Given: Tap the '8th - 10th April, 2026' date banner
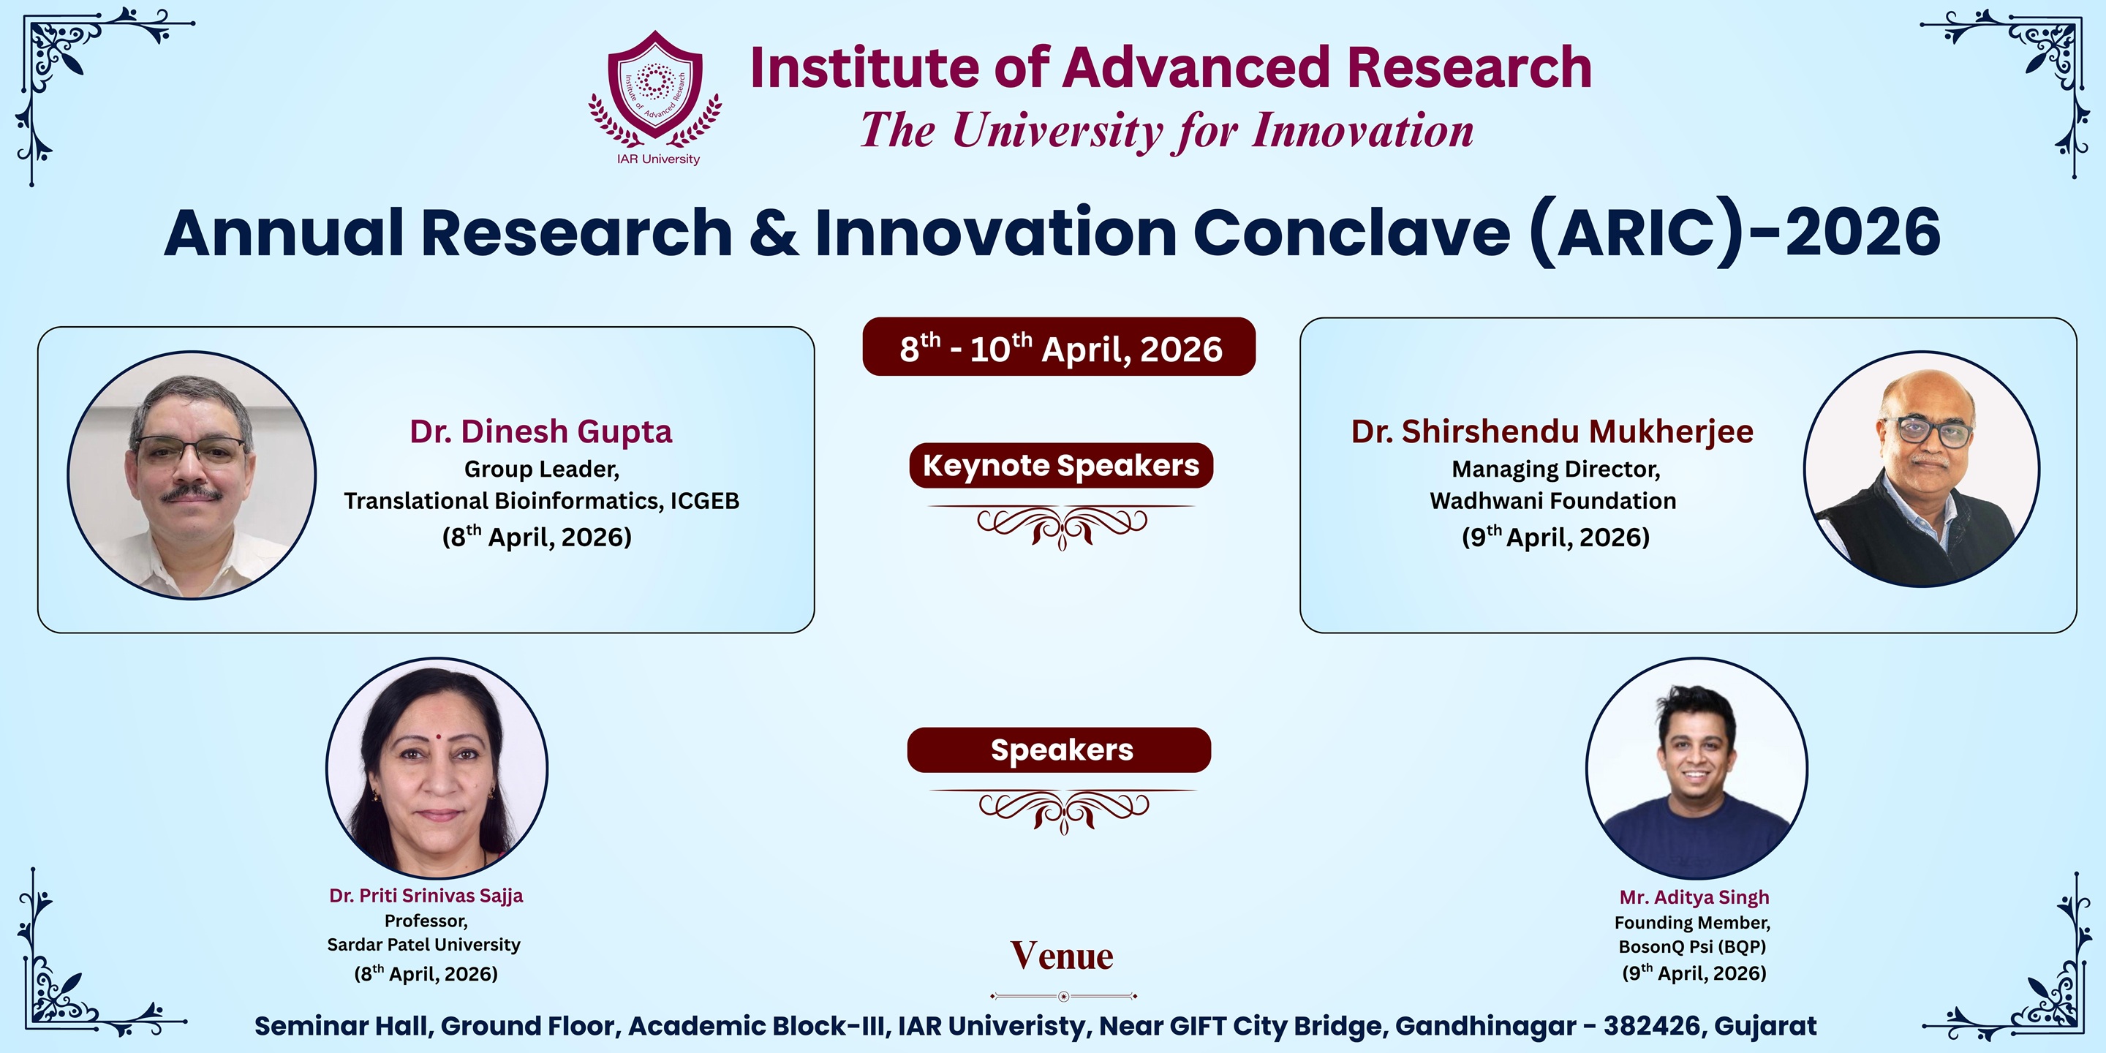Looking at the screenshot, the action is click(x=1059, y=347).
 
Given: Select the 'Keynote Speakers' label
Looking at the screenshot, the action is click(x=1061, y=465).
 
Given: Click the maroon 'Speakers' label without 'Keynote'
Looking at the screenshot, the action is click(x=1060, y=750).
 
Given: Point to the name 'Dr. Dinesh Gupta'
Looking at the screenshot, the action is click(x=541, y=431).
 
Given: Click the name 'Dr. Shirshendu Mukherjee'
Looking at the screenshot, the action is click(x=1552, y=431).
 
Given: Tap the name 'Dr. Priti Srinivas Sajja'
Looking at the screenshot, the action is click(x=426, y=896).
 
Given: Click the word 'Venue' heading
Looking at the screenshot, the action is click(x=1062, y=955).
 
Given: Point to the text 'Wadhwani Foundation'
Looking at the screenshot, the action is click(x=1552, y=500).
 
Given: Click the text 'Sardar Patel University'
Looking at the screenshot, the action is click(x=423, y=944).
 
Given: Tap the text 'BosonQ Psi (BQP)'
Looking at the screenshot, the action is click(x=1692, y=946).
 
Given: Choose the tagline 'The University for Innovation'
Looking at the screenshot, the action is click(x=1166, y=131).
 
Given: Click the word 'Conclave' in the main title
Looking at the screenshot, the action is click(x=1352, y=233).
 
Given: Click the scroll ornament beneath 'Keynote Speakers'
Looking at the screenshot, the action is click(x=1061, y=526).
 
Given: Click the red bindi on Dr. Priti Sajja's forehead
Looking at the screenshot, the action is click(x=438, y=736).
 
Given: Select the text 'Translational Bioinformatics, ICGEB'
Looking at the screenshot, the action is click(x=541, y=500).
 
